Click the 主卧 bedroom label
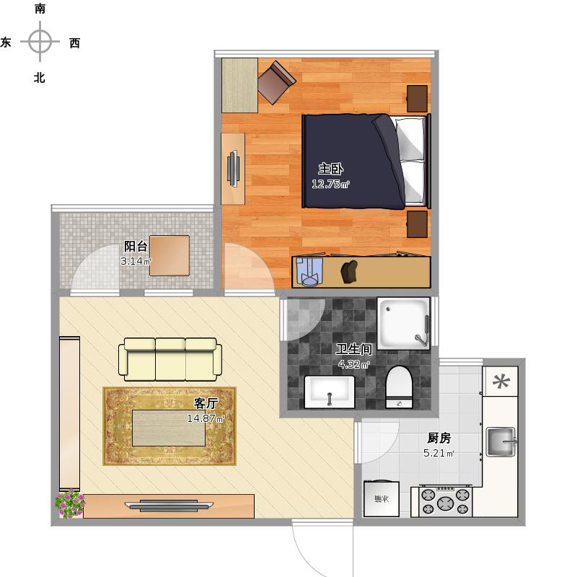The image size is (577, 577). click(x=330, y=169)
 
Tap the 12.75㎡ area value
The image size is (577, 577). click(x=330, y=184)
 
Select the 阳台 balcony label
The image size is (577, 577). click(x=136, y=246)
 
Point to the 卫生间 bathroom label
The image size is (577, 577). click(x=353, y=349)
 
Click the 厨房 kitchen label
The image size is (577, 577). click(x=439, y=438)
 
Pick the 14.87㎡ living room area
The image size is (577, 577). click(x=206, y=418)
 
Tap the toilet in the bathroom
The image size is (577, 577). click(x=399, y=387)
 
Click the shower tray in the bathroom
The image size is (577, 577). click(x=403, y=323)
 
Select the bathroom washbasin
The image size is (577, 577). click(x=330, y=392)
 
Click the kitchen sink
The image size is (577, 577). click(x=501, y=441)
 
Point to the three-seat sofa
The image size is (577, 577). click(x=170, y=359)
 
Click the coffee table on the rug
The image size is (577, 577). click(x=169, y=428)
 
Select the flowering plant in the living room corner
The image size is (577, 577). click(x=70, y=503)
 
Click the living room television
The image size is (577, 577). click(x=169, y=506)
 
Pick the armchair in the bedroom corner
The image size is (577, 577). click(x=277, y=82)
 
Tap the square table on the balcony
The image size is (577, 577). click(x=169, y=256)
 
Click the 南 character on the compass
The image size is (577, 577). click(x=40, y=9)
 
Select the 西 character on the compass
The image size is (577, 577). click(x=75, y=43)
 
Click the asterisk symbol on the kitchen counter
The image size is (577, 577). click(x=501, y=382)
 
